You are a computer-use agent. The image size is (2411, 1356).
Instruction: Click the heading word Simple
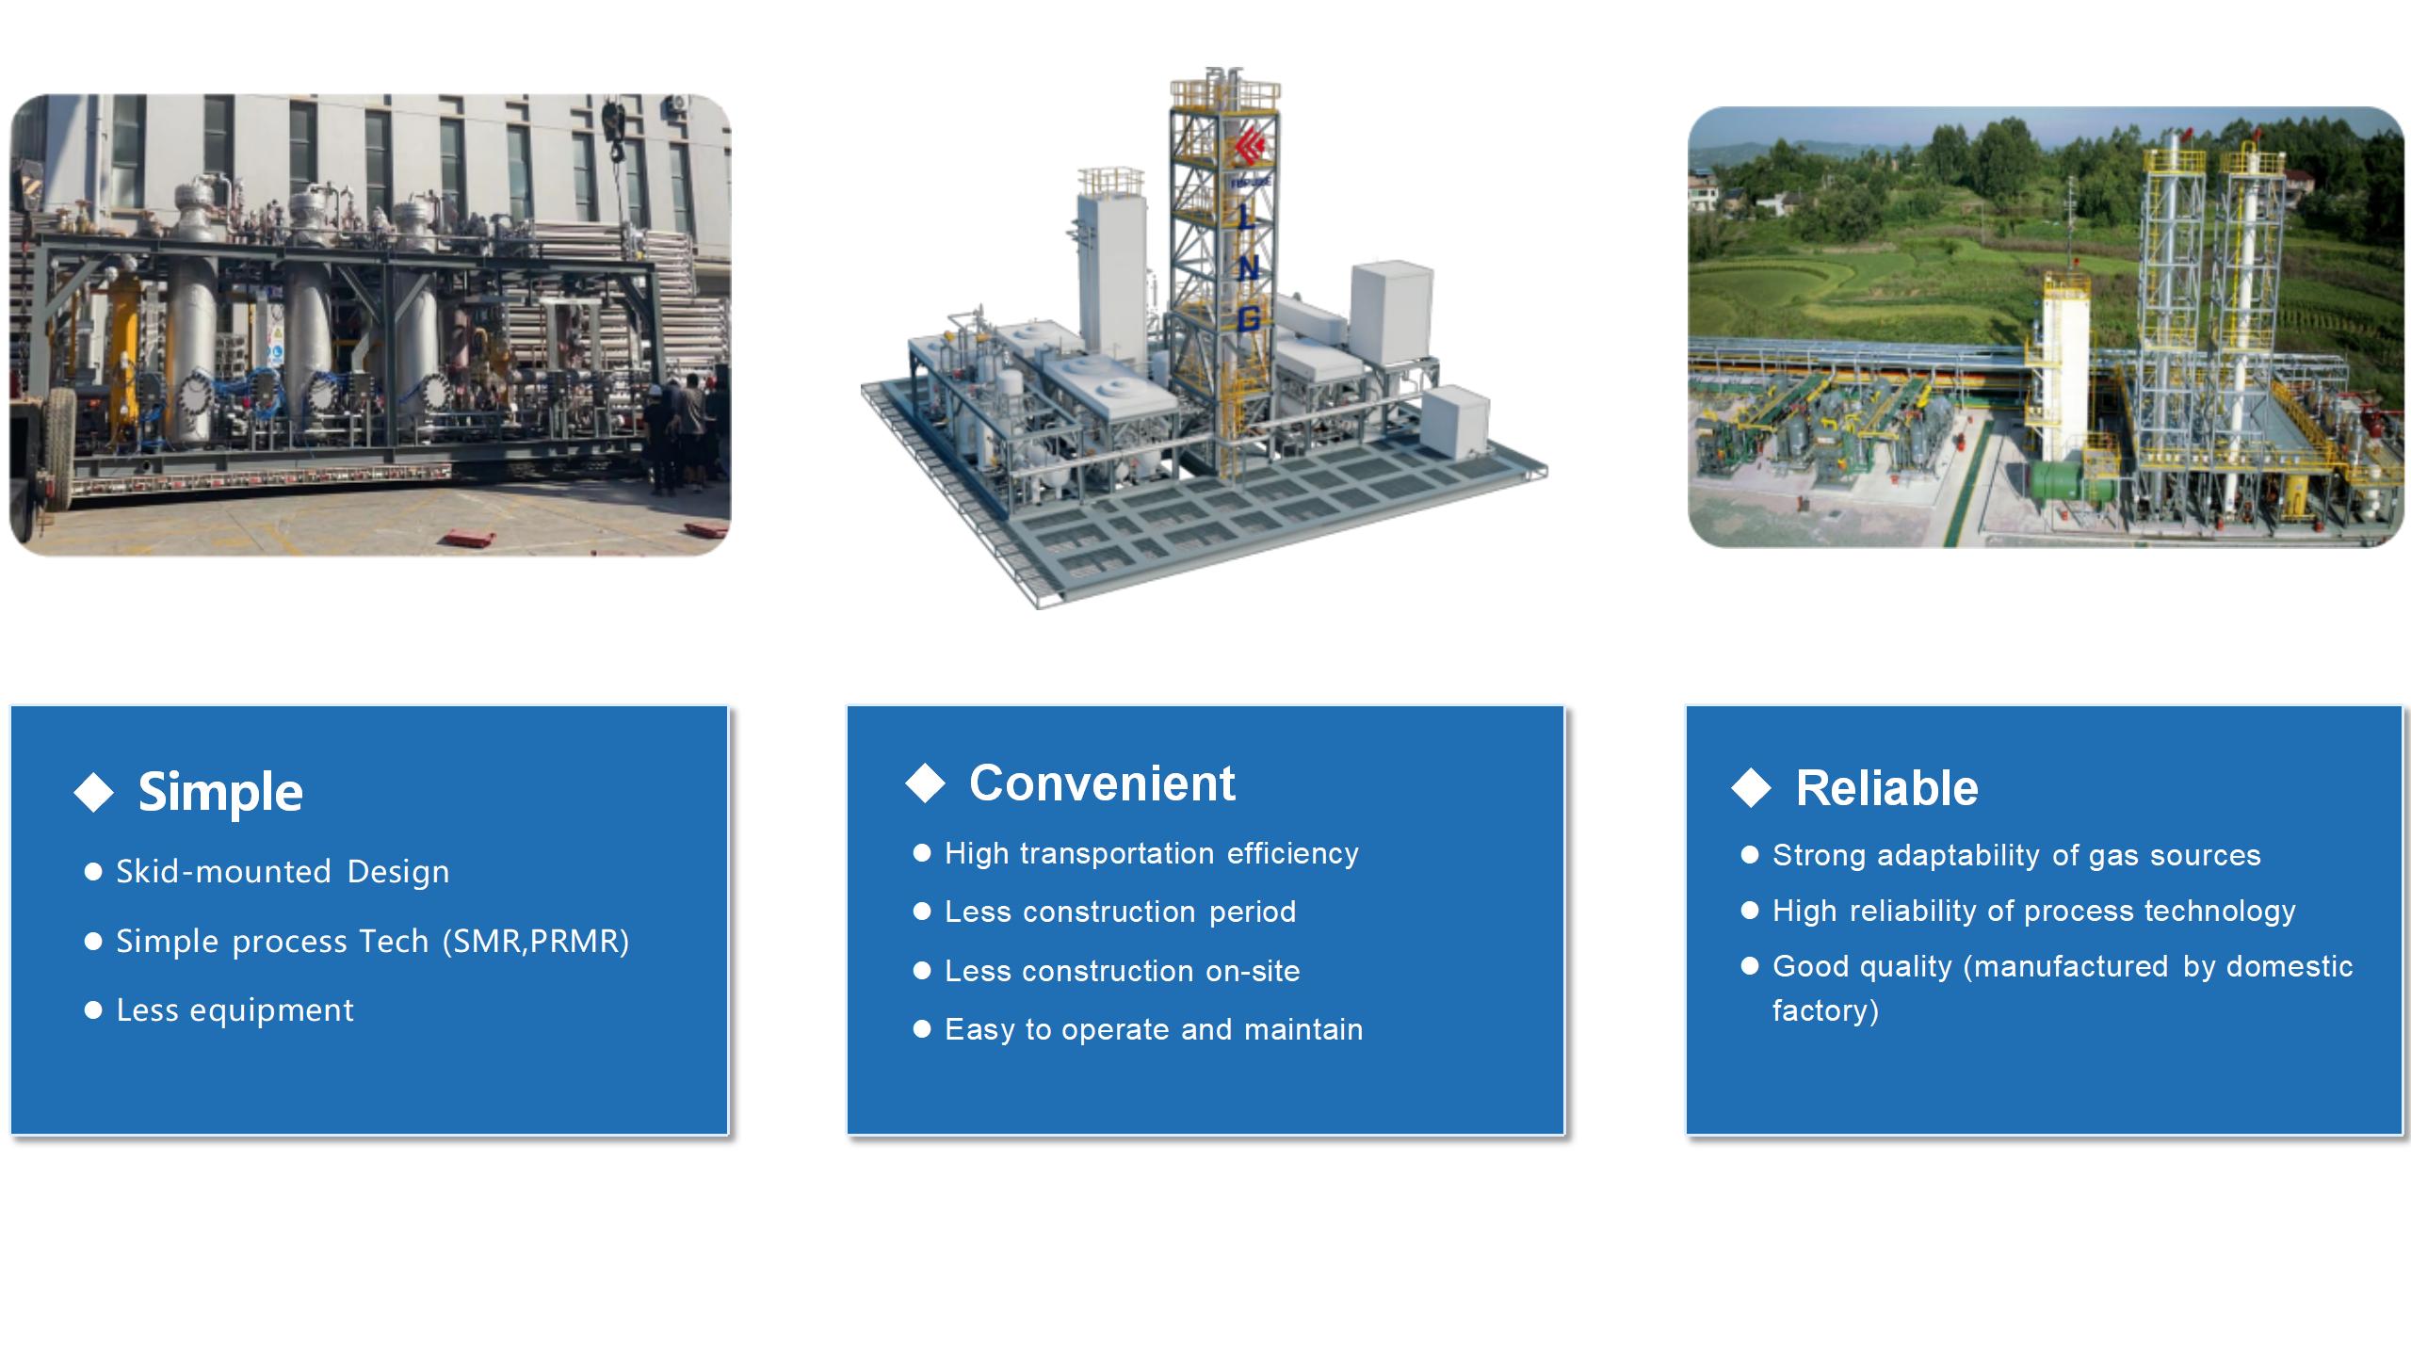pyautogui.click(x=220, y=793)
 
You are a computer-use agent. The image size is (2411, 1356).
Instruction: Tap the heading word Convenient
pyautogui.click(x=1102, y=783)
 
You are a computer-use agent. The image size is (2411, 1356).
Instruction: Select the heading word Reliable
pyautogui.click(x=1886, y=788)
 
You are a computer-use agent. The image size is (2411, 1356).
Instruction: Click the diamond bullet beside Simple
pyautogui.click(x=94, y=792)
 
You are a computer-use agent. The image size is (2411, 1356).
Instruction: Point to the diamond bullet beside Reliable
pyautogui.click(x=1752, y=787)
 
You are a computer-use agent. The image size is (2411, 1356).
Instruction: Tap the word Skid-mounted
pyautogui.click(x=223, y=872)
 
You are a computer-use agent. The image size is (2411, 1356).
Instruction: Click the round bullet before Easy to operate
pyautogui.click(x=922, y=1029)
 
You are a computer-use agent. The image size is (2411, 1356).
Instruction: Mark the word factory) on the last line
pyautogui.click(x=1825, y=1010)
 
